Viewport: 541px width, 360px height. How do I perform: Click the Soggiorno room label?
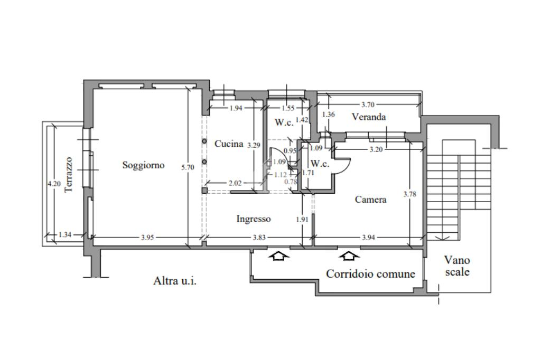point(143,165)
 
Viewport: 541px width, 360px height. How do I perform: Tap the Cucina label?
point(229,144)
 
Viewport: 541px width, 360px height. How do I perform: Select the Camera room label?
point(370,200)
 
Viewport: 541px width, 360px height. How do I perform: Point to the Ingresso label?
point(254,219)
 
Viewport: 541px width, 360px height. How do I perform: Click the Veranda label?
point(369,117)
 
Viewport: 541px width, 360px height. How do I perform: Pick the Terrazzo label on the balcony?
point(68,175)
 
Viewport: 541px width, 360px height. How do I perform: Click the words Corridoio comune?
point(370,274)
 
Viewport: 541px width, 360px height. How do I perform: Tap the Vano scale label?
point(457,266)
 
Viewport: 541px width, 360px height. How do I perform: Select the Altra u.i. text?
point(175,281)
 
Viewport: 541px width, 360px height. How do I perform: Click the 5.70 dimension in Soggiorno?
point(188,167)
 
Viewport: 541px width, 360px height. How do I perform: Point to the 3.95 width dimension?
point(148,238)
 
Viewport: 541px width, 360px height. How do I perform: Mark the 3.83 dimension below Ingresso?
point(259,238)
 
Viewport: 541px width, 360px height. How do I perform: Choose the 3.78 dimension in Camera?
point(410,194)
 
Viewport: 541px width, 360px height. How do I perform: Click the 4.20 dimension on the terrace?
point(53,184)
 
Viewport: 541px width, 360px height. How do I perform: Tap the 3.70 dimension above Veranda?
point(368,105)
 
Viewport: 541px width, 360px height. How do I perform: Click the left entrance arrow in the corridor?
point(279,256)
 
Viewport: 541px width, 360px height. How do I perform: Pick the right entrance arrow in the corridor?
point(349,256)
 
